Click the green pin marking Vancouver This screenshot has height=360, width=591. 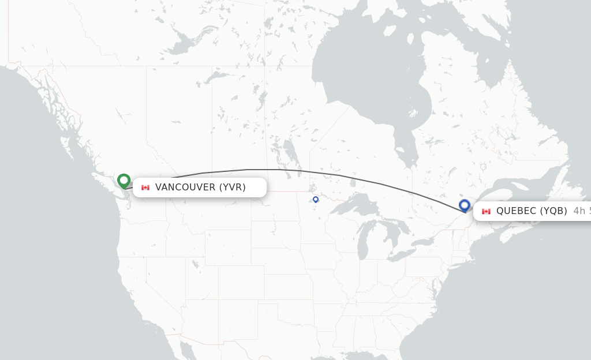124,181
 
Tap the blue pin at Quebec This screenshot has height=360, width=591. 465,205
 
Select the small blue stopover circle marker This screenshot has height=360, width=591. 316,200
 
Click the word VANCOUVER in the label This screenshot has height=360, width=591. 185,187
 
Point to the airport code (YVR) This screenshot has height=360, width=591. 232,187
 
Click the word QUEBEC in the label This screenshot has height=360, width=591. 516,211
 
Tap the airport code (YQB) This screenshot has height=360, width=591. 553,211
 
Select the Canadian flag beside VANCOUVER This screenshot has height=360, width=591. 145,187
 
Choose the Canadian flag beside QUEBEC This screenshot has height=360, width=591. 486,211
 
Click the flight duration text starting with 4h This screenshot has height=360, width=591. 582,211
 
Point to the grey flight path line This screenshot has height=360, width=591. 277,170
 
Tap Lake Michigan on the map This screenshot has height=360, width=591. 362,237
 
